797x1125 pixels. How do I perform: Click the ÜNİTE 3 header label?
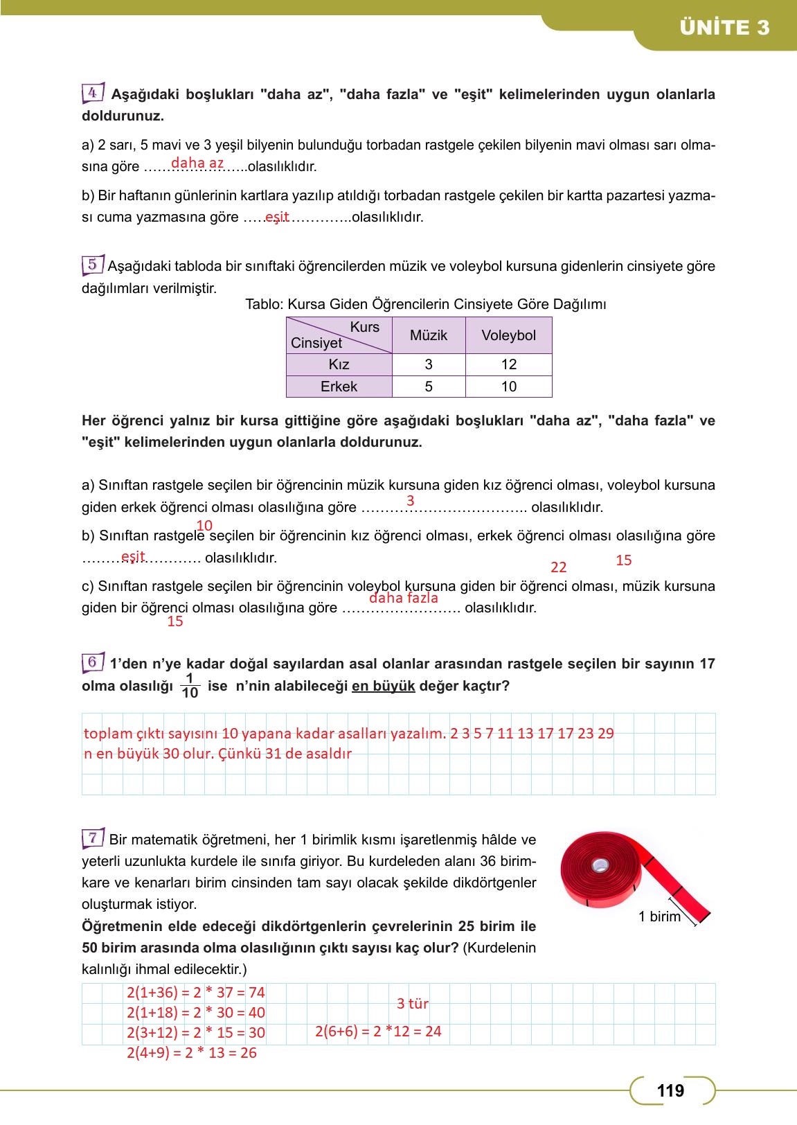(x=724, y=28)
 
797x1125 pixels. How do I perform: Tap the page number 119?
(x=670, y=1091)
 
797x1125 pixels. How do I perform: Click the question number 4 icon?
(x=93, y=92)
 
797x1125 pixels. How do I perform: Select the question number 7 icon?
(x=93, y=838)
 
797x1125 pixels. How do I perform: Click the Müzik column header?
(x=429, y=335)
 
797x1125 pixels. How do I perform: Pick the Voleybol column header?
(x=508, y=335)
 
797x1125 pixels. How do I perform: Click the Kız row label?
(x=339, y=364)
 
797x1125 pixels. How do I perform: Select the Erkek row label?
(x=339, y=387)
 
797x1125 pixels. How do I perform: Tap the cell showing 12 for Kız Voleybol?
(x=508, y=364)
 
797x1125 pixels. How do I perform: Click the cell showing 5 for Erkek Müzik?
(x=429, y=387)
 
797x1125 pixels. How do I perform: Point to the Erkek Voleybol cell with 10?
(x=508, y=387)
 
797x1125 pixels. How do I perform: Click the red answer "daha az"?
(x=197, y=163)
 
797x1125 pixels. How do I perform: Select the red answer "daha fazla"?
(x=404, y=598)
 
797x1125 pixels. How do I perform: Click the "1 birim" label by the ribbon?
(x=659, y=916)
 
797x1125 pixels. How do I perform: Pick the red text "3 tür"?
(x=413, y=1004)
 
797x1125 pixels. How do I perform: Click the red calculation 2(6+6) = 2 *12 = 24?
(x=378, y=1031)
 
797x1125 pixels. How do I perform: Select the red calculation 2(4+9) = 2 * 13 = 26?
(x=192, y=1053)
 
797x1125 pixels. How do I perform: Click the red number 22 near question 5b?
(x=559, y=567)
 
